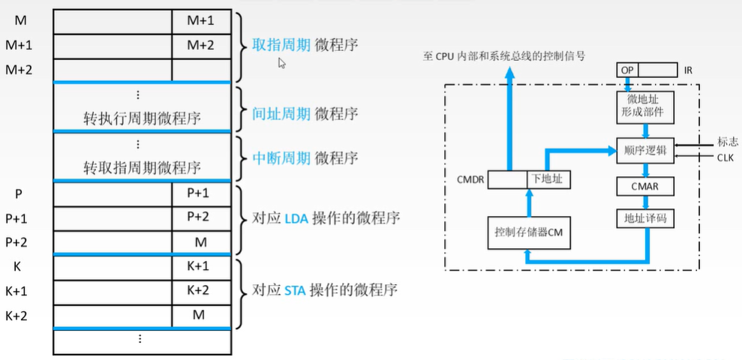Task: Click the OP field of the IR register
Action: click(x=626, y=70)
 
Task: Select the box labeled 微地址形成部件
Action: click(x=640, y=106)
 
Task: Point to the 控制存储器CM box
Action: click(x=524, y=232)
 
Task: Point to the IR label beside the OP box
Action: click(x=688, y=70)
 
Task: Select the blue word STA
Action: click(x=296, y=289)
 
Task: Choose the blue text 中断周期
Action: click(x=275, y=158)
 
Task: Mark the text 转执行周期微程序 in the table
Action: click(x=142, y=118)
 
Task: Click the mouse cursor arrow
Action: click(x=281, y=63)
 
